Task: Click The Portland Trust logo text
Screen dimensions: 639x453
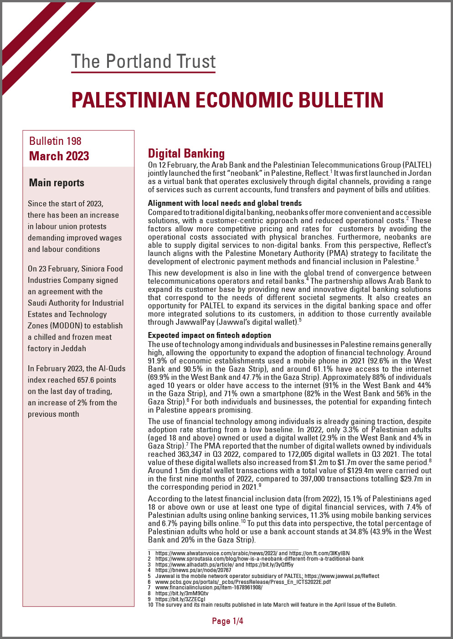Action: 143,61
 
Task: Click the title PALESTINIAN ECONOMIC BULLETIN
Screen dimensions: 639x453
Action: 227,100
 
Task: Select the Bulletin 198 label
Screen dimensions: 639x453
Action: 55,141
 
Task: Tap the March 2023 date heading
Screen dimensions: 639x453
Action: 59,156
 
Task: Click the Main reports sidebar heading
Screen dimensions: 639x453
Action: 57,183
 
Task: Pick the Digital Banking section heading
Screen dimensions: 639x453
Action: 186,153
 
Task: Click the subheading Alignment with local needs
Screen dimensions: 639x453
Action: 225,203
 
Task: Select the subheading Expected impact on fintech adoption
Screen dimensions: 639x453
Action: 210,335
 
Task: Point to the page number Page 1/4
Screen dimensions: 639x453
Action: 227,621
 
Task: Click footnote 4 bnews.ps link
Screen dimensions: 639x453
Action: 193,570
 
